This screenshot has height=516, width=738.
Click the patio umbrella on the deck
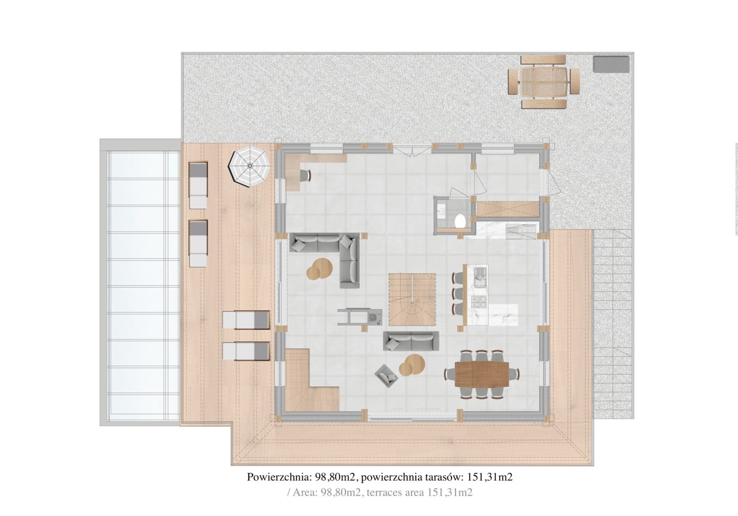point(250,166)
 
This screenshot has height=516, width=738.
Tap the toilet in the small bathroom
point(460,220)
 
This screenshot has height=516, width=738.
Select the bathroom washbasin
point(441,208)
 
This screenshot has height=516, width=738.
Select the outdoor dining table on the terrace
point(544,82)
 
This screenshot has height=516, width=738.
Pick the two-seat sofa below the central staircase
point(411,341)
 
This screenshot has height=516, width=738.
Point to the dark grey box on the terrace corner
point(612,64)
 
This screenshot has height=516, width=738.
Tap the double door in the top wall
point(412,151)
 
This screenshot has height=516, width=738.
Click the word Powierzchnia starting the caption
point(278,477)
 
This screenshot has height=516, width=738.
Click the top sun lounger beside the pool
point(198,185)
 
